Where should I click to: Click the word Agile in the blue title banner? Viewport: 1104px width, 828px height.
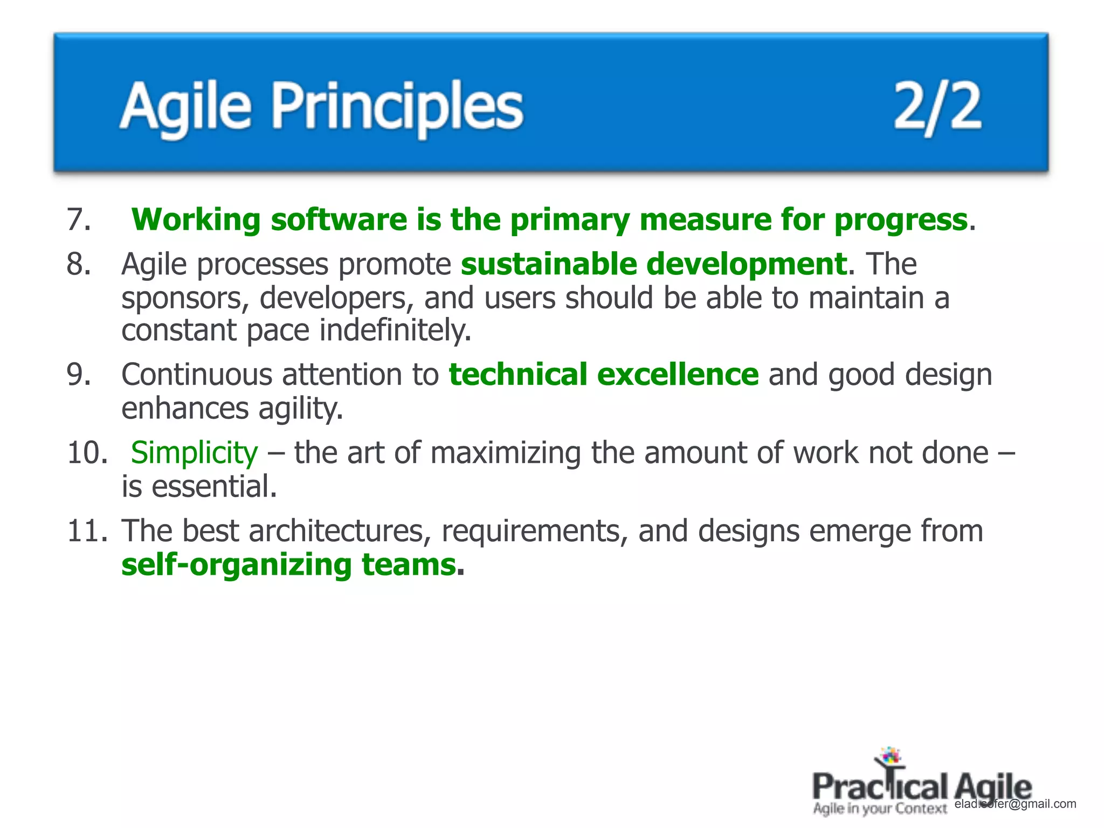(185, 106)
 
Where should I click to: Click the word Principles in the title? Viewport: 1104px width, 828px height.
(397, 106)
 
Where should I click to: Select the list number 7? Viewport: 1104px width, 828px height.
(79, 220)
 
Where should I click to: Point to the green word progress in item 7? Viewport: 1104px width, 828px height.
(901, 220)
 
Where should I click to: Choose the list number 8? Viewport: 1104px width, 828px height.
(79, 265)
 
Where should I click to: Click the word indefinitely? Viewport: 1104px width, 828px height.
(395, 330)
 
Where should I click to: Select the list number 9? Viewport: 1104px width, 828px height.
(79, 375)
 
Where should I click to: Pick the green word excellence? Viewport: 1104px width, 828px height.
(678, 375)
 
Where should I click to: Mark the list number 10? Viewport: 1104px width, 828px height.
(87, 453)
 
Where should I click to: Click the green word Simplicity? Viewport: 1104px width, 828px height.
(194, 453)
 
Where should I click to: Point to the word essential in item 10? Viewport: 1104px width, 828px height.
(214, 487)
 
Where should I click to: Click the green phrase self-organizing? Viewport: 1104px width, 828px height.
(236, 565)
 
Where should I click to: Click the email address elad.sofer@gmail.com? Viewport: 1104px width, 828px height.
(1015, 804)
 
